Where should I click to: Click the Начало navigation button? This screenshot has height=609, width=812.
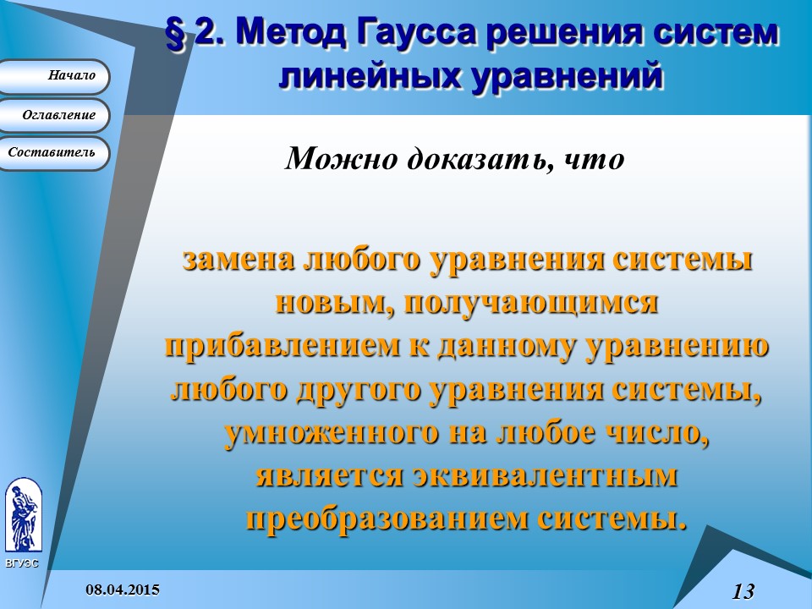click(57, 76)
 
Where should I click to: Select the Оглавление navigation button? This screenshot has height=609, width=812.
click(56, 115)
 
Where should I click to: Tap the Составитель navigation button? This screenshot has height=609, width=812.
click(56, 153)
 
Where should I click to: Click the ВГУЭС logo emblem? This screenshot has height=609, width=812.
click(23, 515)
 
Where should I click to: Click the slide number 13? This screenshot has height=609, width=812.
click(743, 590)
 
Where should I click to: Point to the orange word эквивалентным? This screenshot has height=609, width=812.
click(544, 476)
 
